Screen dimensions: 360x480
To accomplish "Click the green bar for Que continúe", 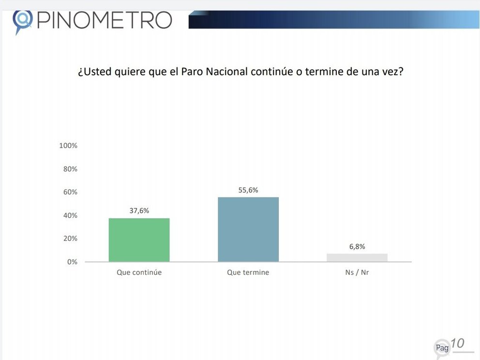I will tap(139, 240).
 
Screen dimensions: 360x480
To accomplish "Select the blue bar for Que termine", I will tap(248, 229).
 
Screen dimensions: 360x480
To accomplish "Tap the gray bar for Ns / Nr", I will tap(357, 257).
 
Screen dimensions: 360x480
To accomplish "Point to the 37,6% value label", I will tap(139, 210).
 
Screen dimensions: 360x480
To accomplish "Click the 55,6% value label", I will tap(248, 190).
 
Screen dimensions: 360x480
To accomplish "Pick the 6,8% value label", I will tap(357, 246).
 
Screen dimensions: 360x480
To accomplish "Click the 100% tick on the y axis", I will tap(68, 146).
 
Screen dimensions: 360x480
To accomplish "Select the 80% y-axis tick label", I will tap(70, 169).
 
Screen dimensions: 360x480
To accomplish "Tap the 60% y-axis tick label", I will tap(70, 192).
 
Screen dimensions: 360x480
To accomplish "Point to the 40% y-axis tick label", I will tap(70, 215).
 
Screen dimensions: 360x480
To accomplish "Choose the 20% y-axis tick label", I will tap(70, 239).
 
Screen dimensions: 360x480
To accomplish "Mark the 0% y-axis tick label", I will tap(72, 262).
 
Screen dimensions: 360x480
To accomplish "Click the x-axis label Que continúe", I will tap(139, 272).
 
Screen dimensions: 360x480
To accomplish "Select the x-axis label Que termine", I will tap(248, 272).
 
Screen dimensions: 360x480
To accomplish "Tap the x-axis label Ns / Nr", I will tap(357, 272).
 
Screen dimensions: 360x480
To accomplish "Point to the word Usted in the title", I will tap(96, 72).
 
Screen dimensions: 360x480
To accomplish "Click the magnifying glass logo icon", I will tap(22, 20).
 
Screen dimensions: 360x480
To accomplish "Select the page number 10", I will tap(457, 344).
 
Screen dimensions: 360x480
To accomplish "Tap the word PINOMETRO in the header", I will tap(104, 20).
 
